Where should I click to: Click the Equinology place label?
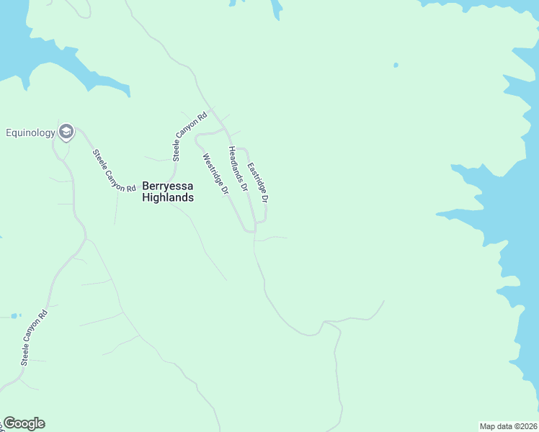(30, 132)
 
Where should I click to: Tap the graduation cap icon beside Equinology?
(66, 131)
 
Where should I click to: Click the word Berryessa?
(168, 186)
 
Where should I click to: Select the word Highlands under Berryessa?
(168, 197)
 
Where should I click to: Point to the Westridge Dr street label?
(215, 175)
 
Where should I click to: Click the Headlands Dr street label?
(238, 168)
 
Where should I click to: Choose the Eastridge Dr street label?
(258, 182)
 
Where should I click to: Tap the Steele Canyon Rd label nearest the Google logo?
(35, 337)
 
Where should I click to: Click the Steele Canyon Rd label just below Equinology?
(114, 171)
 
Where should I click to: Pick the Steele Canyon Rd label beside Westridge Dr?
(190, 135)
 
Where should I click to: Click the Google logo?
(24, 423)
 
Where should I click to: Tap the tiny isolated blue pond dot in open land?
(396, 66)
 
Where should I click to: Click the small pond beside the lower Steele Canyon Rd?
(14, 315)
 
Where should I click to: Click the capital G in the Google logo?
(9, 423)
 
